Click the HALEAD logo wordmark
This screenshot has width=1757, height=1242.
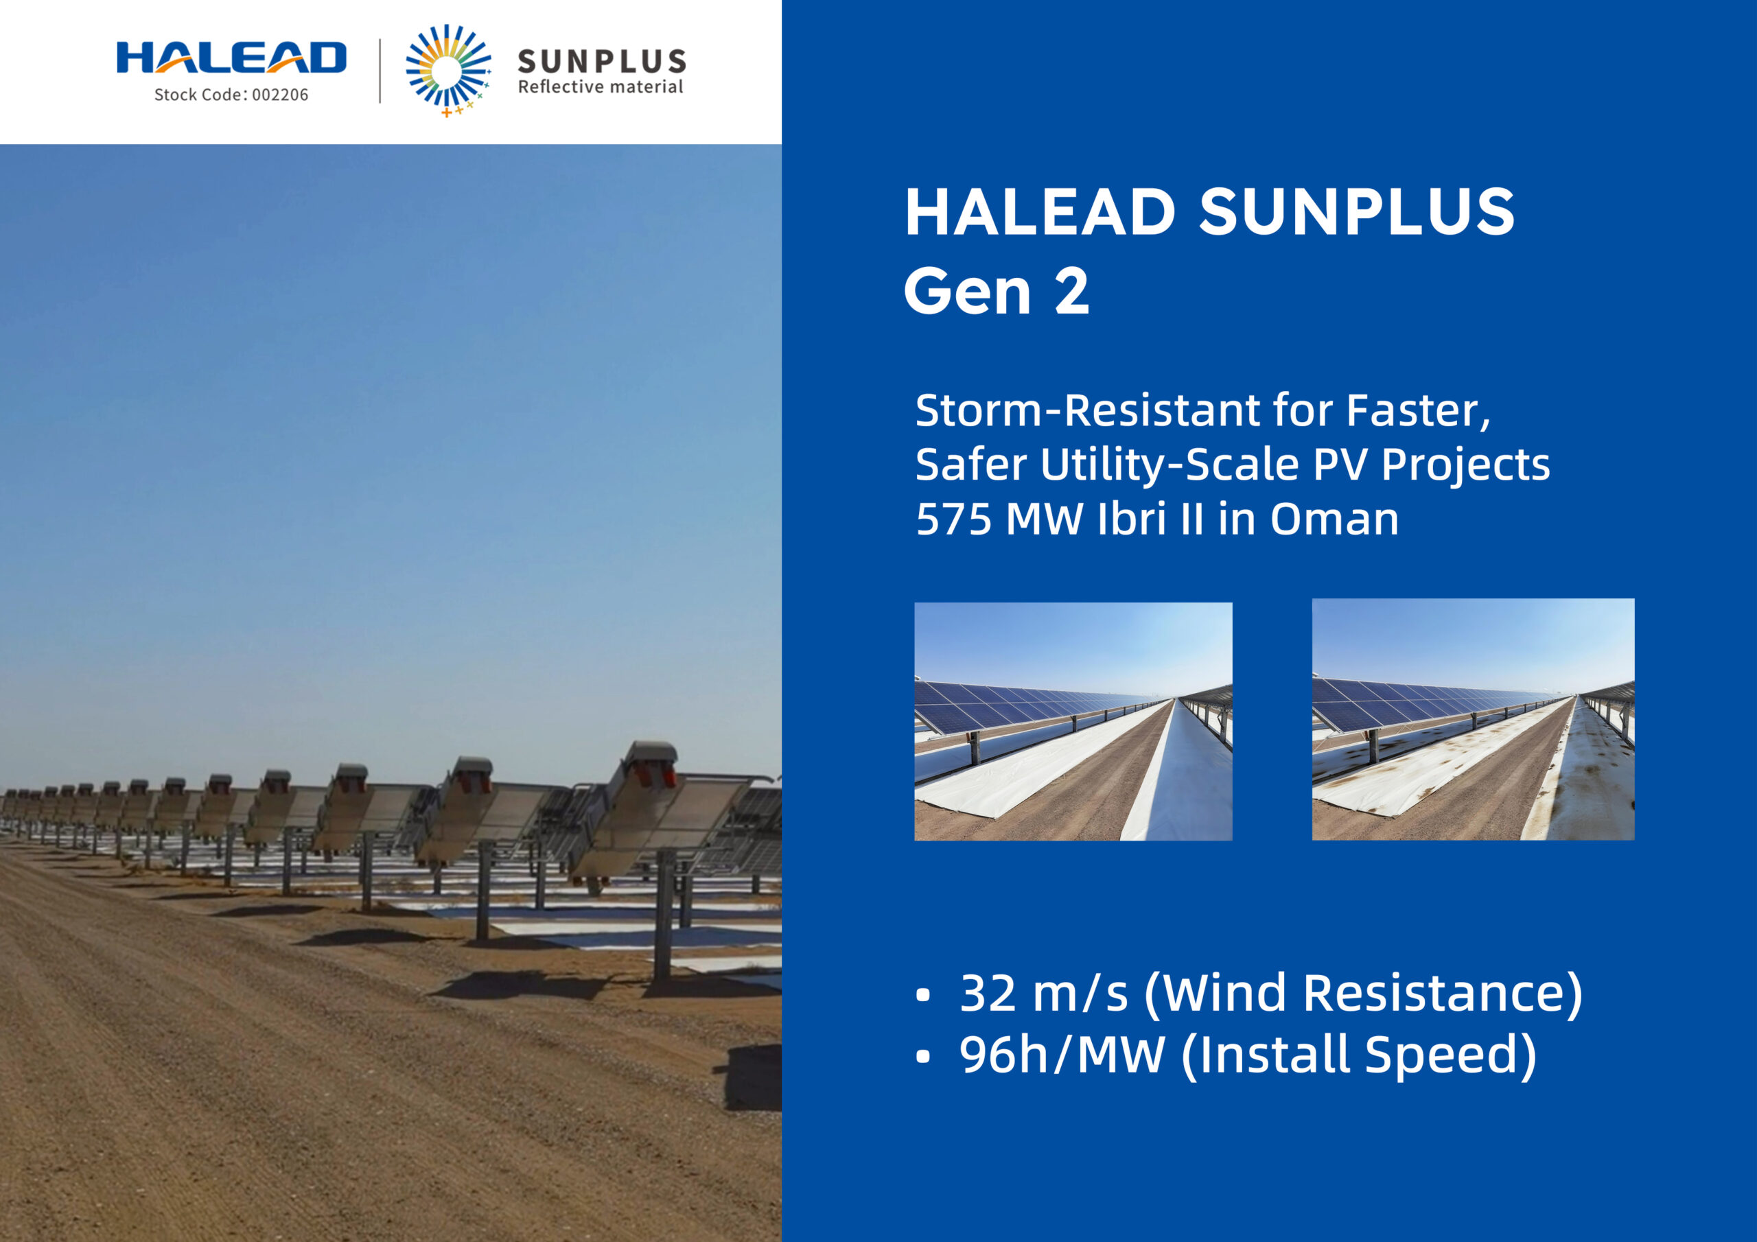click(x=231, y=58)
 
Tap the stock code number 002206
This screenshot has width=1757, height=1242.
click(x=280, y=95)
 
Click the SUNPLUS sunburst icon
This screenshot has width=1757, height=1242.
click(x=447, y=69)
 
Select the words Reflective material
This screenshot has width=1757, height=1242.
click(x=600, y=87)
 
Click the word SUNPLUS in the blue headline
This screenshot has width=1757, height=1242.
click(x=1356, y=212)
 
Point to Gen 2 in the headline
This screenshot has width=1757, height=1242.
click(x=996, y=292)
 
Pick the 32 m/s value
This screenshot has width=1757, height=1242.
click(x=1043, y=994)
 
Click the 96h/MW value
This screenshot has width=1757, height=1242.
click(x=1061, y=1055)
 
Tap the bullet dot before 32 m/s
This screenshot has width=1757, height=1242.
click(x=923, y=996)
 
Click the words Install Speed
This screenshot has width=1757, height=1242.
click(x=1358, y=1055)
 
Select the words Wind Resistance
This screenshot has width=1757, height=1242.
click(x=1362, y=994)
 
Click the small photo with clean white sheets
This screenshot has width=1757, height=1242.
click(x=1073, y=721)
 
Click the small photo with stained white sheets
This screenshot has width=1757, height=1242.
click(x=1472, y=719)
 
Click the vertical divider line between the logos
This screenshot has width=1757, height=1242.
click(x=380, y=71)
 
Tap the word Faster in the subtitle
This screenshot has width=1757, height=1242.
click(x=1417, y=410)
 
